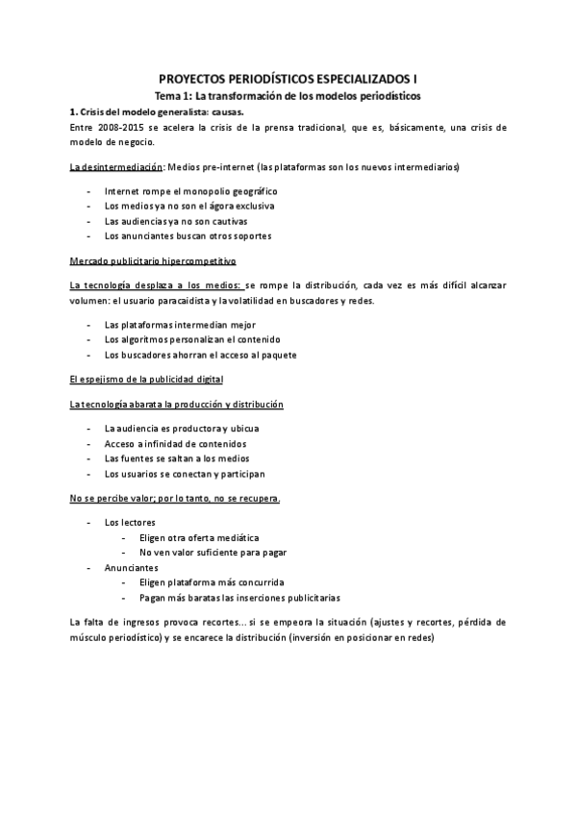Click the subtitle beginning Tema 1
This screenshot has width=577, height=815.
[288, 97]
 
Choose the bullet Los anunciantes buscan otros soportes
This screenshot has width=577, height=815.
[188, 235]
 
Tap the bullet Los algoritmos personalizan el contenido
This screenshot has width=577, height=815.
[191, 340]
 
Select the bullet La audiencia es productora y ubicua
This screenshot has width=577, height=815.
[181, 429]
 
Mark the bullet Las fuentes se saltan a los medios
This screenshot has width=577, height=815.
[176, 458]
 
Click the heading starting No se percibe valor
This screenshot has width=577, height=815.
[175, 498]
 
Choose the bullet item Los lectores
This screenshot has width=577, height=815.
[131, 523]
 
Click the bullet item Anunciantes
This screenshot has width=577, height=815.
[132, 568]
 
